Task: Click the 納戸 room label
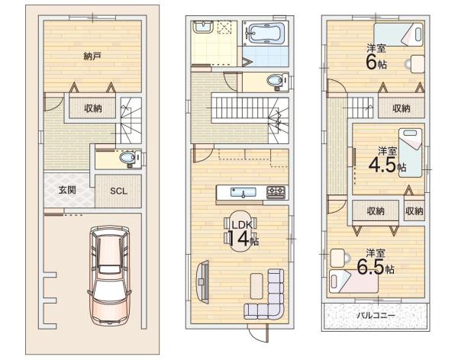[92, 56]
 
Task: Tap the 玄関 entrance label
[67, 190]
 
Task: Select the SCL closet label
[118, 191]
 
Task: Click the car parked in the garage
[109, 275]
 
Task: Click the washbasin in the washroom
[202, 27]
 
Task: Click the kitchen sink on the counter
[244, 193]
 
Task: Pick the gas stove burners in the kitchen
[276, 192]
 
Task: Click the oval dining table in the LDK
[241, 230]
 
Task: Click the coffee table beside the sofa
[256, 286]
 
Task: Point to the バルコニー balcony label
[376, 315]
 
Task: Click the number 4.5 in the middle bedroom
[382, 165]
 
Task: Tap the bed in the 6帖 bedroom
[398, 34]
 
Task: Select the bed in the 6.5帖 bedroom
[353, 281]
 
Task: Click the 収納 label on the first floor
[93, 108]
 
